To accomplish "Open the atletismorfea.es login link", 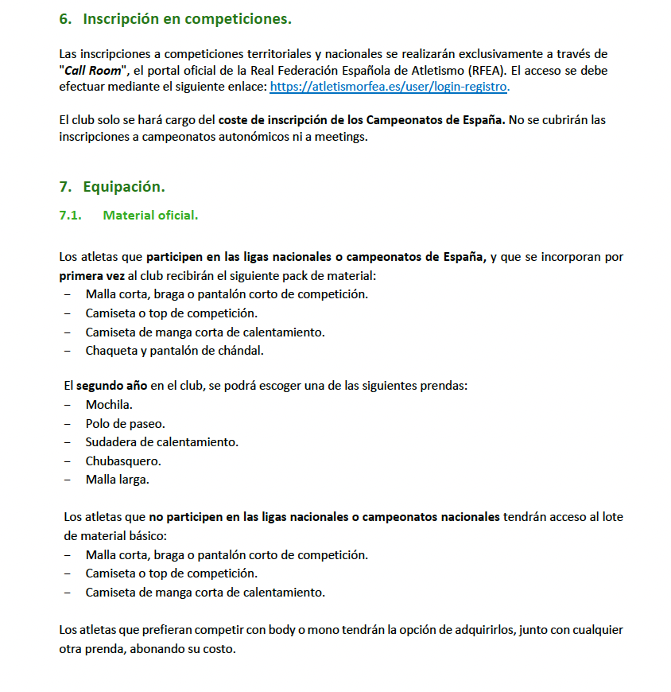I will (x=389, y=86).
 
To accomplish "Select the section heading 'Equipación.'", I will (x=123, y=187).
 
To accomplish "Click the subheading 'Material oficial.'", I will (x=150, y=216).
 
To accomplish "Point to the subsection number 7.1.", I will (x=71, y=216).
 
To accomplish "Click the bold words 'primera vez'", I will (x=91, y=275).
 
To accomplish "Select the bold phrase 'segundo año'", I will (x=111, y=386).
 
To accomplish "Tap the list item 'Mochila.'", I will (x=109, y=405).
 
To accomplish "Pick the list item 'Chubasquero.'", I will (x=122, y=461).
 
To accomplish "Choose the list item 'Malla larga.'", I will (x=117, y=479).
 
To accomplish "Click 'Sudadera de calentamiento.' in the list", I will (x=161, y=441).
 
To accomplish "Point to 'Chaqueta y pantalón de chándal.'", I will (x=174, y=350).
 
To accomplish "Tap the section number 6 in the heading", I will (x=64, y=18).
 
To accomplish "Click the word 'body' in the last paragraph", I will (x=281, y=630).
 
